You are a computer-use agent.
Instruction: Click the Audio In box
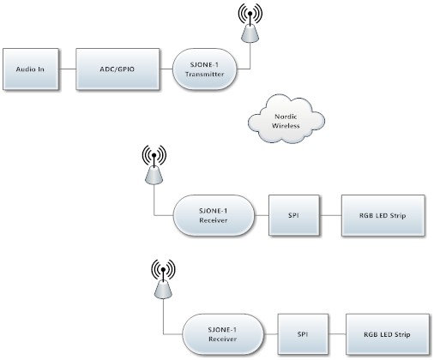pyautogui.click(x=31, y=69)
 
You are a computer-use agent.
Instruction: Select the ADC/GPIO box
pyautogui.click(x=118, y=69)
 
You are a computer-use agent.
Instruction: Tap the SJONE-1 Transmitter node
pyautogui.click(x=204, y=69)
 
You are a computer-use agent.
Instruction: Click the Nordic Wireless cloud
pyautogui.click(x=286, y=119)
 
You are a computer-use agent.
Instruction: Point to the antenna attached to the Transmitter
pyautogui.click(x=250, y=23)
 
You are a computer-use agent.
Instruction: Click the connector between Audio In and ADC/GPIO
pyautogui.click(x=67, y=69)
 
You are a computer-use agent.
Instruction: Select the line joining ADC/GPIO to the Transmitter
pyautogui.click(x=166, y=69)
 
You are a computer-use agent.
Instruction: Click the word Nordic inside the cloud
pyautogui.click(x=286, y=117)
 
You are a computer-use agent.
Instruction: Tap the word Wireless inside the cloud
pyautogui.click(x=286, y=125)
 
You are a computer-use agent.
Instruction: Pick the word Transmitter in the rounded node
pyautogui.click(x=204, y=74)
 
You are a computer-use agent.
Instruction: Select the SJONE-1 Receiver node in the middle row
pyautogui.click(x=214, y=215)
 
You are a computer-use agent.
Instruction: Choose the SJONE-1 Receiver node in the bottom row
pyautogui.click(x=223, y=334)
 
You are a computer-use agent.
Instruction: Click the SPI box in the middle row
pyautogui.click(x=294, y=215)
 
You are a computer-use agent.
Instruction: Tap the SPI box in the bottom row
pyautogui.click(x=303, y=334)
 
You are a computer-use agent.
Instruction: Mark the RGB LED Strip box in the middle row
pyautogui.click(x=383, y=215)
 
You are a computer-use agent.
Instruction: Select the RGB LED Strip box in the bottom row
pyautogui.click(x=388, y=334)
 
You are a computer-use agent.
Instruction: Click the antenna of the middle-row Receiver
pyautogui.click(x=154, y=165)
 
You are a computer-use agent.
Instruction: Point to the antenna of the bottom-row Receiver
pyautogui.click(x=163, y=279)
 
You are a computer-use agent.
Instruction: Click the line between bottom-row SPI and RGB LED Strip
pyautogui.click(x=337, y=333)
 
